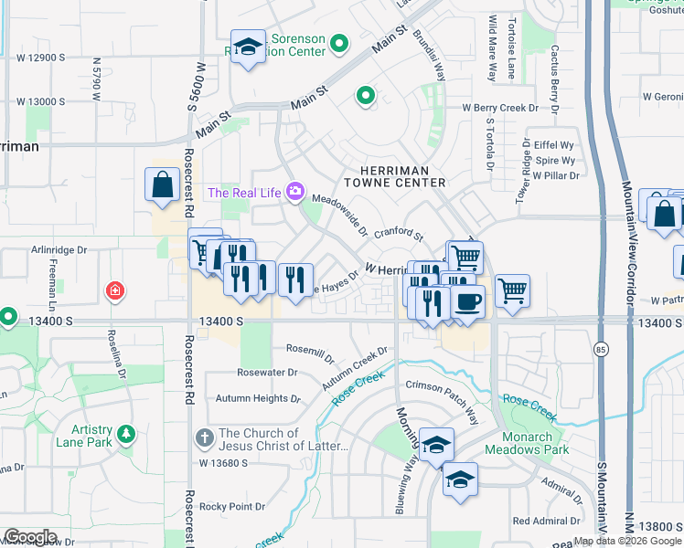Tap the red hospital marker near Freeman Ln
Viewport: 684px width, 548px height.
click(x=115, y=292)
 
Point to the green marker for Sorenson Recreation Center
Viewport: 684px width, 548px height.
click(x=340, y=43)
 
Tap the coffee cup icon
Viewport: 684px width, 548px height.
click(x=467, y=301)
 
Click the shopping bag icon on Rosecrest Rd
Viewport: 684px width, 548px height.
click(x=162, y=184)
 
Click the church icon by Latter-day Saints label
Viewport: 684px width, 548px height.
click(x=206, y=438)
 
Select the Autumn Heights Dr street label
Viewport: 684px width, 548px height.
click(x=258, y=398)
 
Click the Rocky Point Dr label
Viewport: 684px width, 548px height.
click(x=232, y=506)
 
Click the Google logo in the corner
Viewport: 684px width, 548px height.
click(x=31, y=537)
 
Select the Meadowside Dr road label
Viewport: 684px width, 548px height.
click(x=339, y=214)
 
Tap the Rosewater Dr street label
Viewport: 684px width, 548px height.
click(x=267, y=372)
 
